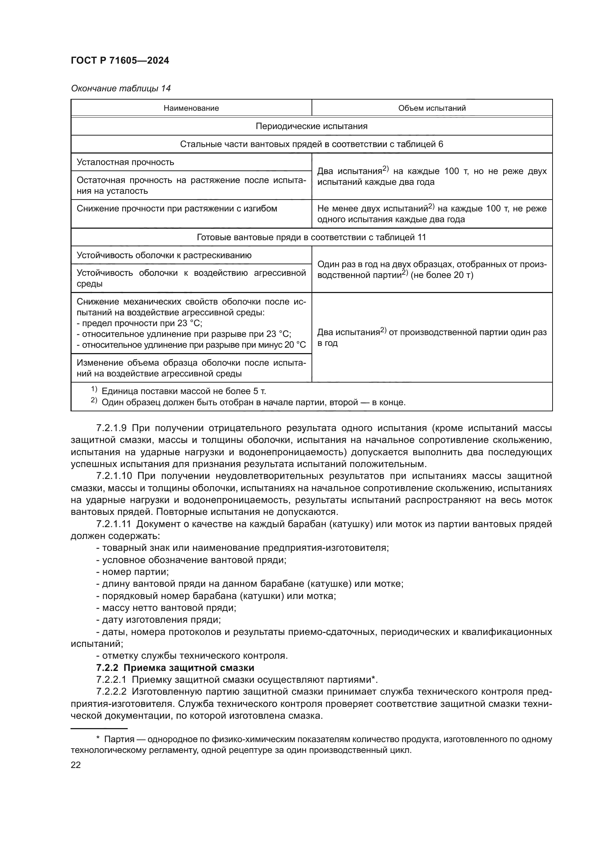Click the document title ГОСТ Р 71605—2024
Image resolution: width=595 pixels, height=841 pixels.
point(120,61)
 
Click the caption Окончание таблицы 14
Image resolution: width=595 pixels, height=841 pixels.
point(121,88)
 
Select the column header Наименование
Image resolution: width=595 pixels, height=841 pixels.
point(191,108)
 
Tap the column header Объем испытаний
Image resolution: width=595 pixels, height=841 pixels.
point(432,108)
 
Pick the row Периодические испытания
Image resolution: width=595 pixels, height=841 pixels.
point(312,126)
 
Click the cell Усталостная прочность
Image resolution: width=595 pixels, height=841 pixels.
point(125,162)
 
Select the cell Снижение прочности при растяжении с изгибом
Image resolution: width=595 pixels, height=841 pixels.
point(177,209)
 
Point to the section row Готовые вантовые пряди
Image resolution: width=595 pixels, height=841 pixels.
point(312,237)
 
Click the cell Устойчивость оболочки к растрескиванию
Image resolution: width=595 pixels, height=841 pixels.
point(164,255)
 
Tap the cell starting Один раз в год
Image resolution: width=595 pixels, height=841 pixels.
point(432,270)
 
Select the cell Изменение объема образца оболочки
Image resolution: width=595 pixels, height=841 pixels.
point(191,368)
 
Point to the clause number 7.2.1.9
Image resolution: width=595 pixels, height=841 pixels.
point(112,428)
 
